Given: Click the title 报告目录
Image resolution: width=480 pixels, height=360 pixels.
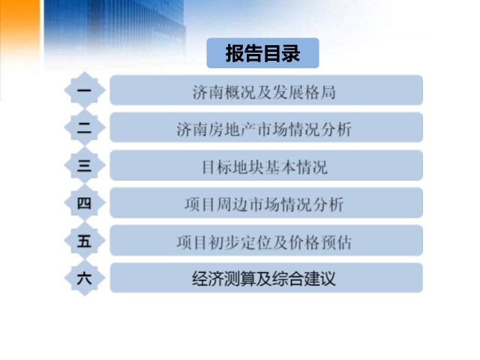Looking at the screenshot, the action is [x=262, y=53].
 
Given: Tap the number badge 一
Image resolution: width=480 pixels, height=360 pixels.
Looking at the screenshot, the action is [x=85, y=90].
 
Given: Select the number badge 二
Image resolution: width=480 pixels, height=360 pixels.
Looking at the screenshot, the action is [x=85, y=127].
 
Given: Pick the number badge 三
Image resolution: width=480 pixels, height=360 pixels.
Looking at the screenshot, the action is [x=85, y=165].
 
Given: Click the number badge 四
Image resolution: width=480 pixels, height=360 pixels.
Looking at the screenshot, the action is [x=85, y=202].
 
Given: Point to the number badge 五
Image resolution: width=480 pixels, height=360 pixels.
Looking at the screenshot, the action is [x=85, y=240].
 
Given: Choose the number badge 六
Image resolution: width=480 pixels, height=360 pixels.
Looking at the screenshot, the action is [x=85, y=278].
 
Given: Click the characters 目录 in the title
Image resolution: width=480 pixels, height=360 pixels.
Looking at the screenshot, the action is [x=282, y=53].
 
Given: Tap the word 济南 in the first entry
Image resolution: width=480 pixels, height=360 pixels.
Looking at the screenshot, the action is [x=208, y=92].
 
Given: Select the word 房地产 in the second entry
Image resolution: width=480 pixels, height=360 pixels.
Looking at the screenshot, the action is [x=224, y=130].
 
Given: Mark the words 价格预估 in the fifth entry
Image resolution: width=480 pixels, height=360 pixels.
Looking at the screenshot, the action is [x=320, y=242].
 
